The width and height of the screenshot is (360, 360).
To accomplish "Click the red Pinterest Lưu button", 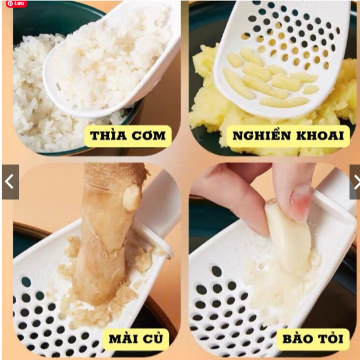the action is [x=16, y=3].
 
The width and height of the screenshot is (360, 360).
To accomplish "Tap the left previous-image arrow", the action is [x=10, y=182].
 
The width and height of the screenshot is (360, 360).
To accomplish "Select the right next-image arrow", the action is [x=355, y=182].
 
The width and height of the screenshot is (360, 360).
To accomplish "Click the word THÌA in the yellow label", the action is [x=108, y=136].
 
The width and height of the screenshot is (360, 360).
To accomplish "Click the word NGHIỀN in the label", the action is [x=262, y=135].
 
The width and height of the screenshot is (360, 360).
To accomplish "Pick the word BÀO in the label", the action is [x=297, y=339].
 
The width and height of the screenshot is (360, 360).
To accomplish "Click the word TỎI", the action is [x=330, y=338].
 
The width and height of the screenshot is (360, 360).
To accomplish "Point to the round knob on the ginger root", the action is [x=132, y=197].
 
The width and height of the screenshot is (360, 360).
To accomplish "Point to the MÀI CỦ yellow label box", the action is [x=136, y=339].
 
